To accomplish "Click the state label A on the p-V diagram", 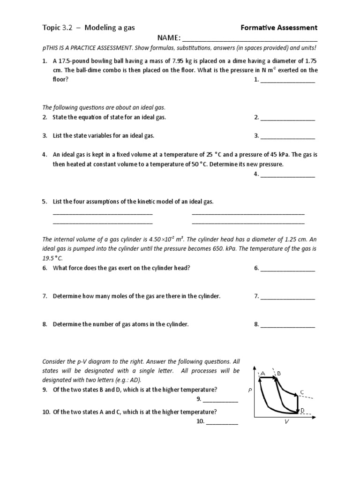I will pyautogui.click(x=263, y=373).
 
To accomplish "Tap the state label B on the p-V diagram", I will pyautogui.click(x=279, y=373).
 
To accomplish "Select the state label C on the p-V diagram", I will pyautogui.click(x=302, y=392).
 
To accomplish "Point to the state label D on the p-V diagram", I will pyautogui.click(x=302, y=410).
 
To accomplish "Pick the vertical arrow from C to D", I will pyautogui.click(x=298, y=404).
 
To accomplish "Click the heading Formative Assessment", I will pyautogui.click(x=279, y=28).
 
